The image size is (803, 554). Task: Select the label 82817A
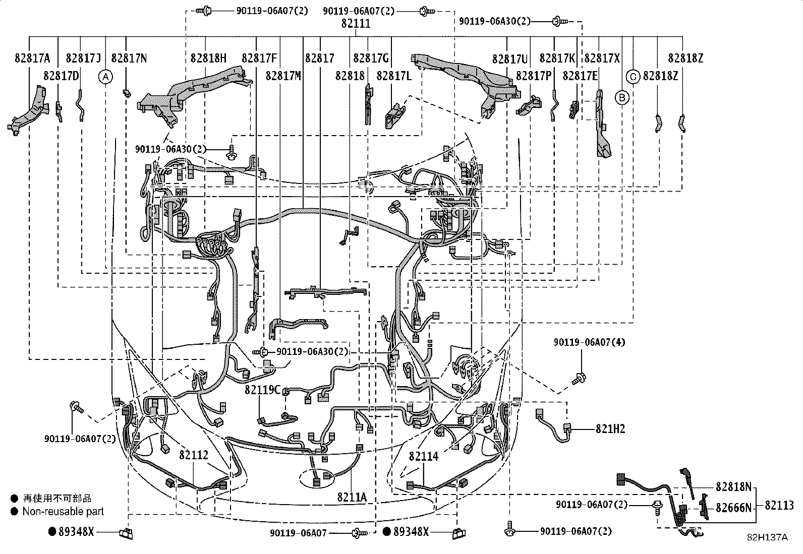pyautogui.click(x=32, y=58)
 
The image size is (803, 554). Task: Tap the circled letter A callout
pyautogui.click(x=105, y=77)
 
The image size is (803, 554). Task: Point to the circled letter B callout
pyautogui.click(x=622, y=97)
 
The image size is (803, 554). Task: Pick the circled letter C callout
pyautogui.click(x=633, y=77)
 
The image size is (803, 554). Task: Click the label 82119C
pyautogui.click(x=262, y=390)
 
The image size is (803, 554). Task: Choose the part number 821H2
pyautogui.click(x=610, y=429)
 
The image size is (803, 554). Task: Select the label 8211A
pyautogui.click(x=352, y=497)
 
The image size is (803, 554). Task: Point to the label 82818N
pyautogui.click(x=733, y=487)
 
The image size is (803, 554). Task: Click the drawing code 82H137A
pyautogui.click(x=767, y=537)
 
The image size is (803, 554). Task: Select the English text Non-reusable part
pyautogui.click(x=63, y=511)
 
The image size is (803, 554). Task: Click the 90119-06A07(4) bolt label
pyautogui.click(x=589, y=342)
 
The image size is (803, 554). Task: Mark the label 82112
pyautogui.click(x=193, y=455)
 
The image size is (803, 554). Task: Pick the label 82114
pyautogui.click(x=424, y=456)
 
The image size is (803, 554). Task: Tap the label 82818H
pyautogui.click(x=208, y=58)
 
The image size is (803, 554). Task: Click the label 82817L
pyautogui.click(x=394, y=76)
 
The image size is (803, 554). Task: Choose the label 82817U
pyautogui.click(x=510, y=58)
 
